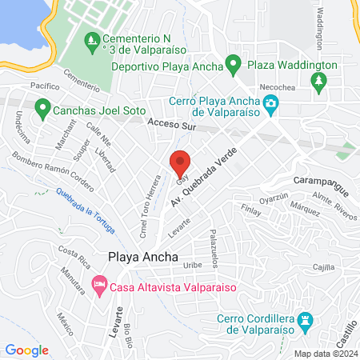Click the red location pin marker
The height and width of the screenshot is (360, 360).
tap(181, 163)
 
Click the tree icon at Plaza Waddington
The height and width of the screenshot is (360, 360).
tap(319, 81)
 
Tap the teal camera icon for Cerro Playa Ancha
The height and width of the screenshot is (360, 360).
tap(271, 103)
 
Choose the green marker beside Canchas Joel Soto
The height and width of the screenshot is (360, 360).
tap(42, 106)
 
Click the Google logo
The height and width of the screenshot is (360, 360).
tap(27, 350)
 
